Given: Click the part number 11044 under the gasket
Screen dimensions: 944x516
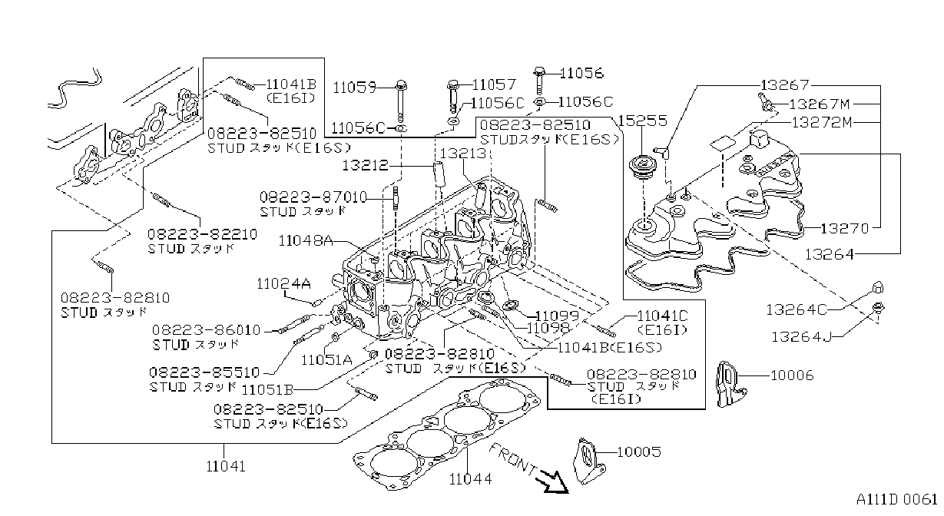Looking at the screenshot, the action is (x=470, y=479).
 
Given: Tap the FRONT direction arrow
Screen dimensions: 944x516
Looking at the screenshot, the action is (x=552, y=482).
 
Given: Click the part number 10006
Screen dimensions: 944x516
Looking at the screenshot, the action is (x=792, y=375).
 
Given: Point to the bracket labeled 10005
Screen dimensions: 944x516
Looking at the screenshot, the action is (x=588, y=461).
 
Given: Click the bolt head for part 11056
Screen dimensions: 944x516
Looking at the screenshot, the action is (x=539, y=72).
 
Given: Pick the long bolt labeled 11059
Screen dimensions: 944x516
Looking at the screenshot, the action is (x=400, y=102).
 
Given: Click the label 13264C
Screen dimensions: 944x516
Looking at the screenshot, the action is (x=797, y=309).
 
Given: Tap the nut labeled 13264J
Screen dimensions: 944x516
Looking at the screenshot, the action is (x=877, y=308).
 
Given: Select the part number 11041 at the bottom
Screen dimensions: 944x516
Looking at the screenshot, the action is (x=226, y=466).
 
